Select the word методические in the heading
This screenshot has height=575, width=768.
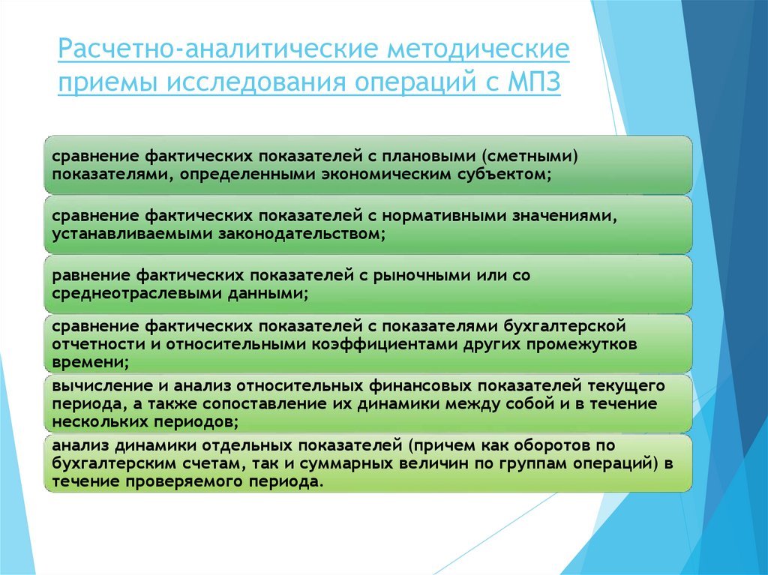click(477, 52)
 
